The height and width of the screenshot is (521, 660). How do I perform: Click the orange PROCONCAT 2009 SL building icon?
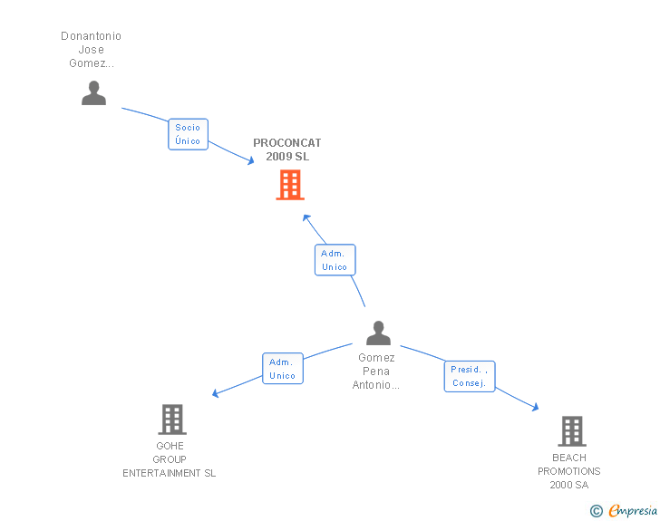coord(289,185)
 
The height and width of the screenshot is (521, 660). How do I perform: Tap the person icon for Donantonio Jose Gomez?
coord(93,92)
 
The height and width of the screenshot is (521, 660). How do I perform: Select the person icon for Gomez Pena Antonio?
coord(378,333)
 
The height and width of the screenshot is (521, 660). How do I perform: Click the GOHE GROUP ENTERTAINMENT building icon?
coord(172,420)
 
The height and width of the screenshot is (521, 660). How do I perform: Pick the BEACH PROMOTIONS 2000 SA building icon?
coord(571,431)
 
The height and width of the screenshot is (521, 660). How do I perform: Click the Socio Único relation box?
coord(189,134)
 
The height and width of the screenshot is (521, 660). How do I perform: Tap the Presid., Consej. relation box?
coord(470,376)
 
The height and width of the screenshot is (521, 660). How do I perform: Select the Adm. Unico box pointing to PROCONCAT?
coord(335,260)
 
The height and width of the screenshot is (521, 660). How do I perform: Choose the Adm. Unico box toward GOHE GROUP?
coord(282,369)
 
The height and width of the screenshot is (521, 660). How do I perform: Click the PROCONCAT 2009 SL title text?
coord(286,150)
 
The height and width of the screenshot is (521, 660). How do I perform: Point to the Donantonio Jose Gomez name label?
coord(91,50)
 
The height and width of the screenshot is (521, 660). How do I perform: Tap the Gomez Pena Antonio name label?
coord(376,371)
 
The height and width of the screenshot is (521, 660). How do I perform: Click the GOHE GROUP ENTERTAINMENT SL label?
coord(170,459)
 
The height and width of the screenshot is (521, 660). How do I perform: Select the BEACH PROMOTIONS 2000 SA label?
coord(569,471)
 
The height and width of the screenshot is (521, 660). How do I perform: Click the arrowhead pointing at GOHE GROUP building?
coord(216,393)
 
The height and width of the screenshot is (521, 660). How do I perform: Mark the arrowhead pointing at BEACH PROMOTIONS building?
coord(535,409)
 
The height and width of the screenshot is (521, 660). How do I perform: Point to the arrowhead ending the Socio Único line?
coord(250,161)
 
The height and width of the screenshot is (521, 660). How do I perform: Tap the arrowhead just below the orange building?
coord(306,217)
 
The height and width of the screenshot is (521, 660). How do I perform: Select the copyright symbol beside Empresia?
coord(596,511)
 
